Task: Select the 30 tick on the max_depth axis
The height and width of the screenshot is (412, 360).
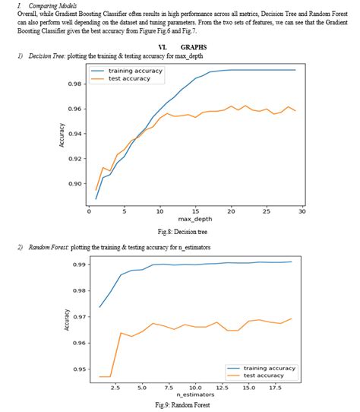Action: point(302,211)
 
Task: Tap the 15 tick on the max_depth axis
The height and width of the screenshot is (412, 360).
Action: point(195,211)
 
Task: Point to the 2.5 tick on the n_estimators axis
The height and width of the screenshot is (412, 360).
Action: point(115,387)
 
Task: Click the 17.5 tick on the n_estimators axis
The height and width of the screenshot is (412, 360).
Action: point(274,387)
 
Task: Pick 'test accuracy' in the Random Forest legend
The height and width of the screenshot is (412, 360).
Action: point(261,376)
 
